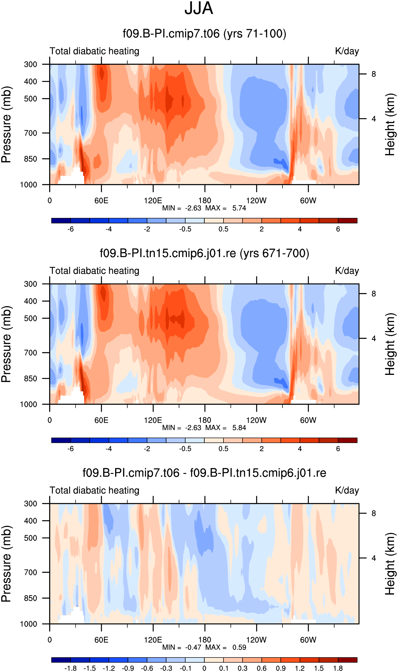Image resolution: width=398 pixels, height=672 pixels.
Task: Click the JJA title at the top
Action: coord(199,8)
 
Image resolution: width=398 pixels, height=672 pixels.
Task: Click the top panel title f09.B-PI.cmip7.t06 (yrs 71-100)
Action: coord(204,34)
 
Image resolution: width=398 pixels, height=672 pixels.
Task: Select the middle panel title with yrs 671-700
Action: coord(204,253)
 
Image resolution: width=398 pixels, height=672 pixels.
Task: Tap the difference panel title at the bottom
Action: coord(204,473)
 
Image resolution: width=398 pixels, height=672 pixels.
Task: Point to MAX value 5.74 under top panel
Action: coord(239,208)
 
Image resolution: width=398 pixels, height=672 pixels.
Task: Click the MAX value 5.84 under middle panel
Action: coord(239,428)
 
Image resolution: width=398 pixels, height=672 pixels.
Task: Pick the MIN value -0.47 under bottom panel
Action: coord(193,647)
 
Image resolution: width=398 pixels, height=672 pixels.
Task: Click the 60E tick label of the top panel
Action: coord(101,200)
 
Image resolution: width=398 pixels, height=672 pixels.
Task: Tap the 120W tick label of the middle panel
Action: coord(256,420)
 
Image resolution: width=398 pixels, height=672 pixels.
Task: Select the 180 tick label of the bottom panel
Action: coord(205,640)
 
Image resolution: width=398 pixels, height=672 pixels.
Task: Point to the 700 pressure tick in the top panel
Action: coord(31,133)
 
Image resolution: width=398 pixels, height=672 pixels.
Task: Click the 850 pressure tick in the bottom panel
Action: coord(31,598)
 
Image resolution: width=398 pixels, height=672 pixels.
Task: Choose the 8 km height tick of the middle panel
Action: coord(374,294)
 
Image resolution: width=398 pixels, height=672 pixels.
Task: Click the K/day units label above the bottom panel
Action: coord(347,490)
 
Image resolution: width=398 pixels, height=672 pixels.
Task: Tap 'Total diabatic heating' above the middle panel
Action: coord(94,271)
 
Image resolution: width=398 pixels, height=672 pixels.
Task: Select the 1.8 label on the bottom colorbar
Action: coord(338,668)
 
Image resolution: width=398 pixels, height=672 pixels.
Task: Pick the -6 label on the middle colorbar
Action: coord(71,449)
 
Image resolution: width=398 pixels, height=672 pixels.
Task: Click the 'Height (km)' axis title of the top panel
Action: coord(390,125)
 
